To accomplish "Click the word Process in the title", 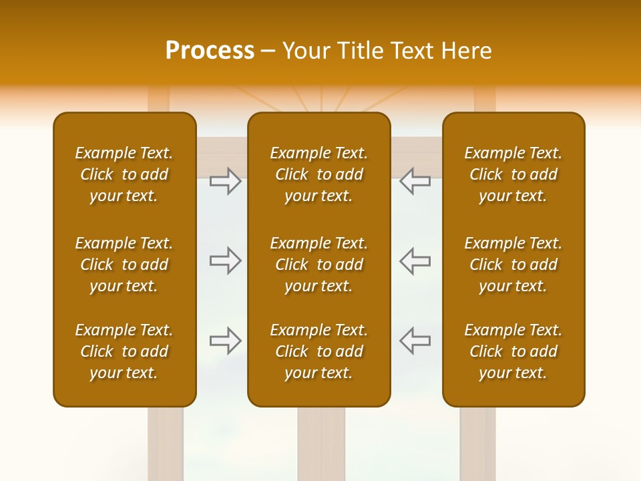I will [x=210, y=51].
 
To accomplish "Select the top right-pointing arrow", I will [x=226, y=181].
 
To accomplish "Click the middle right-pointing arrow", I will [x=226, y=261].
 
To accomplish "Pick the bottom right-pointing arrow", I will [x=226, y=341].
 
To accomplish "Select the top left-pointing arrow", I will [x=415, y=181].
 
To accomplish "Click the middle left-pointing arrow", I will [x=415, y=261].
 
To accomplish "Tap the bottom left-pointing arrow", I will [x=415, y=341].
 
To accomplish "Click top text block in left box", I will [x=124, y=174].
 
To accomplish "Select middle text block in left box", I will [x=124, y=265].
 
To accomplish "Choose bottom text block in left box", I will [x=124, y=351].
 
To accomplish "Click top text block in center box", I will [x=319, y=174].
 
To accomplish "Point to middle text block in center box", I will [x=319, y=265].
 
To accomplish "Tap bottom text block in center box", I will [x=319, y=351].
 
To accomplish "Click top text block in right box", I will [x=513, y=174].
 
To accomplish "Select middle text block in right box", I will [x=513, y=265].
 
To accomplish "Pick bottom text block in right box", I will [x=513, y=351].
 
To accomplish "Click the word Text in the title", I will [x=412, y=51].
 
